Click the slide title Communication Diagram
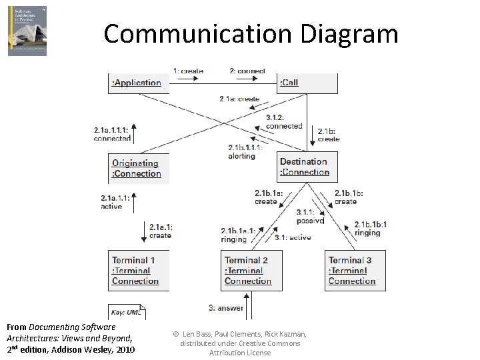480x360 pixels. click(251, 33)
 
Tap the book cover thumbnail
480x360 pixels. click(27, 31)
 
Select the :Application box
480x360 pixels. click(138, 83)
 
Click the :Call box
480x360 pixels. click(307, 83)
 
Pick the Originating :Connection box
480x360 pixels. click(138, 169)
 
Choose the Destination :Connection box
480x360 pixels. click(307, 167)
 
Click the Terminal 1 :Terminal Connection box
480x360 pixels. click(138, 271)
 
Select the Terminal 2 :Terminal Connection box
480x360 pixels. click(251, 271)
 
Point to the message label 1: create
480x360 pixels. click(188, 71)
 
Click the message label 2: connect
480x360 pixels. click(247, 71)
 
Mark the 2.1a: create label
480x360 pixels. click(239, 99)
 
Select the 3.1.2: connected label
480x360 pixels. click(284, 121)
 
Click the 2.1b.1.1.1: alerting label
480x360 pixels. click(245, 152)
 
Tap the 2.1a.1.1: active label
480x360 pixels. click(117, 202)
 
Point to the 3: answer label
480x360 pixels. click(226, 308)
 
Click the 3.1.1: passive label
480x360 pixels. click(310, 216)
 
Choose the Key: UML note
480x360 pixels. click(127, 311)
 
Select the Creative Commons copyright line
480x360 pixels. click(240, 343)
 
